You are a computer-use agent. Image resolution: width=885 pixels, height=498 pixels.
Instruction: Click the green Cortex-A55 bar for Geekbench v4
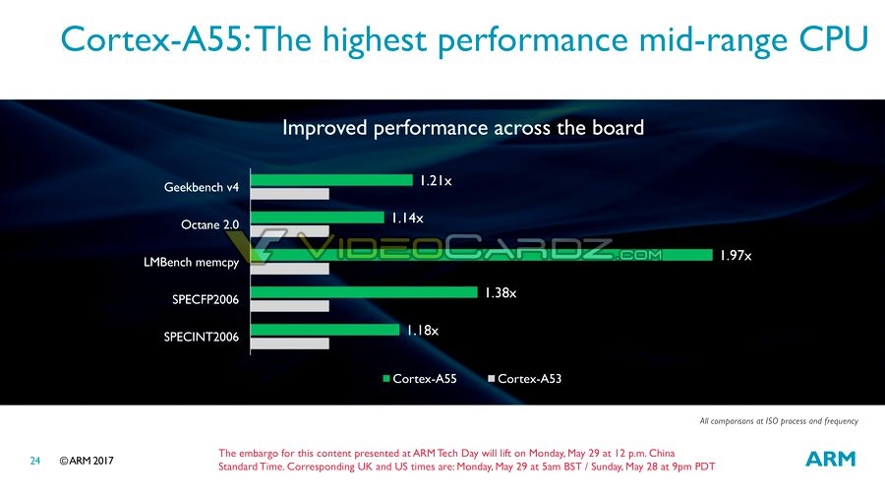[330, 180]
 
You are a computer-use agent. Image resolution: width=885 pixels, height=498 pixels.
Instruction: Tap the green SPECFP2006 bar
[362, 292]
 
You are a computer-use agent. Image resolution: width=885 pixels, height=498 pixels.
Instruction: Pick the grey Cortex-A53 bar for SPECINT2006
[287, 344]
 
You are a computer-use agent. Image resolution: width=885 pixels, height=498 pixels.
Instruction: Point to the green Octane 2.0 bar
[316, 218]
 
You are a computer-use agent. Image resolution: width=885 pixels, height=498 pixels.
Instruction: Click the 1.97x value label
[735, 256]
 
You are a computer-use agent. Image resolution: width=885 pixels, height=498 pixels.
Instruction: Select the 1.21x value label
[435, 181]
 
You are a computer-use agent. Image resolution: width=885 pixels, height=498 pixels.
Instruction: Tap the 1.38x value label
[500, 292]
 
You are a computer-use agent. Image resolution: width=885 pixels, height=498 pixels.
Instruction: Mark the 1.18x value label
[422, 331]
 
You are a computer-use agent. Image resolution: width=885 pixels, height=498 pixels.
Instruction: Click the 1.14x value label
[406, 218]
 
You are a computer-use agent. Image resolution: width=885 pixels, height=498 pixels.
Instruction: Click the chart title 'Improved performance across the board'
[463, 127]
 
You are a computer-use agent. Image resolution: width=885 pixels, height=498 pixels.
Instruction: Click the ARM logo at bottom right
[831, 459]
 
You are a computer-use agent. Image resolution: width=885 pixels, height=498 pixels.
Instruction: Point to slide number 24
[34, 461]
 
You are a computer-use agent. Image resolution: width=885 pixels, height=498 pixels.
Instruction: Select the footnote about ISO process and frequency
[778, 421]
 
